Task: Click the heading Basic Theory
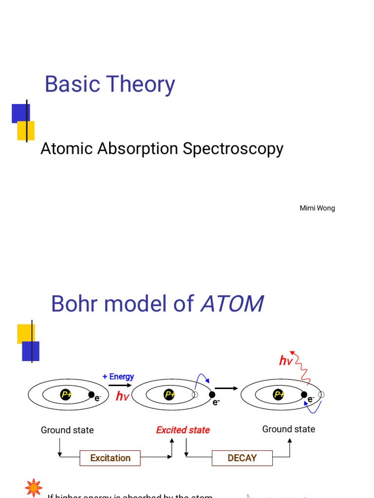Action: click(x=110, y=85)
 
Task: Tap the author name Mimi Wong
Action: click(x=317, y=208)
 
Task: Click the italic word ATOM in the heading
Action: click(x=232, y=304)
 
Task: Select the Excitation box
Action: click(x=110, y=458)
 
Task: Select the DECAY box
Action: click(x=242, y=458)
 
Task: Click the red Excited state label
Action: click(x=183, y=430)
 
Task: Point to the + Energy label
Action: click(x=118, y=376)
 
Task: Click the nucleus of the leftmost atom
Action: click(x=66, y=395)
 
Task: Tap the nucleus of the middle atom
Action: click(x=169, y=395)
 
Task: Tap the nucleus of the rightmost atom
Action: click(x=279, y=395)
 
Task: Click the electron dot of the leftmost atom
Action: click(x=91, y=395)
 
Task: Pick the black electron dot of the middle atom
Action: click(x=212, y=395)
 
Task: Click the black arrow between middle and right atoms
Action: click(x=226, y=388)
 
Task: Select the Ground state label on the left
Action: click(x=67, y=430)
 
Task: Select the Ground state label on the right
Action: click(x=288, y=429)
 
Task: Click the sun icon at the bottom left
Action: click(x=34, y=488)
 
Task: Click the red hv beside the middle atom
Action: click(x=122, y=397)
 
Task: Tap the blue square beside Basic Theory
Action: click(x=20, y=113)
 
